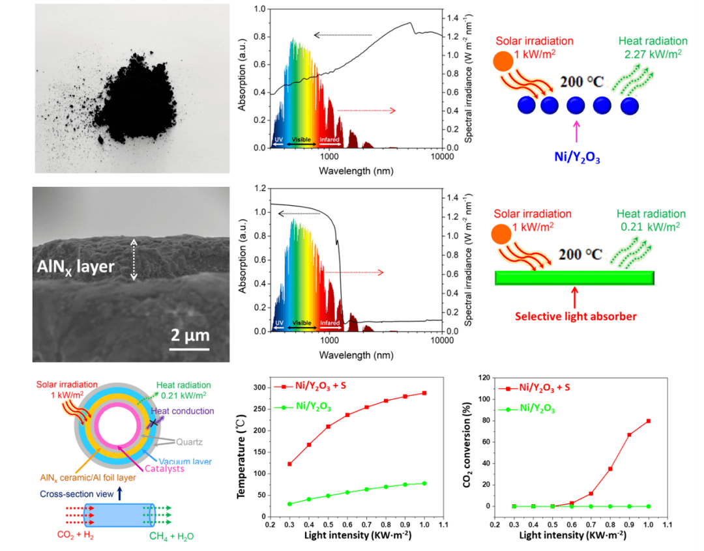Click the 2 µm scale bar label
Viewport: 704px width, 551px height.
190,336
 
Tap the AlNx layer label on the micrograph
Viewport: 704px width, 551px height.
74,266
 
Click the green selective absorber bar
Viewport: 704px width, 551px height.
574,277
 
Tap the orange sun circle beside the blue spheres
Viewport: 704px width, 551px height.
503,61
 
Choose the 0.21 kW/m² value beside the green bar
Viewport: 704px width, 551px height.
653,227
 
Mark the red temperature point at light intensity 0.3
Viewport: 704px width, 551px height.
289,464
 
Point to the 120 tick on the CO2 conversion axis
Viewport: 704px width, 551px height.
484,378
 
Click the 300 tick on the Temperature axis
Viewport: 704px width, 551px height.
259,388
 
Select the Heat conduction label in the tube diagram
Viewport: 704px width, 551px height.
182,411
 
